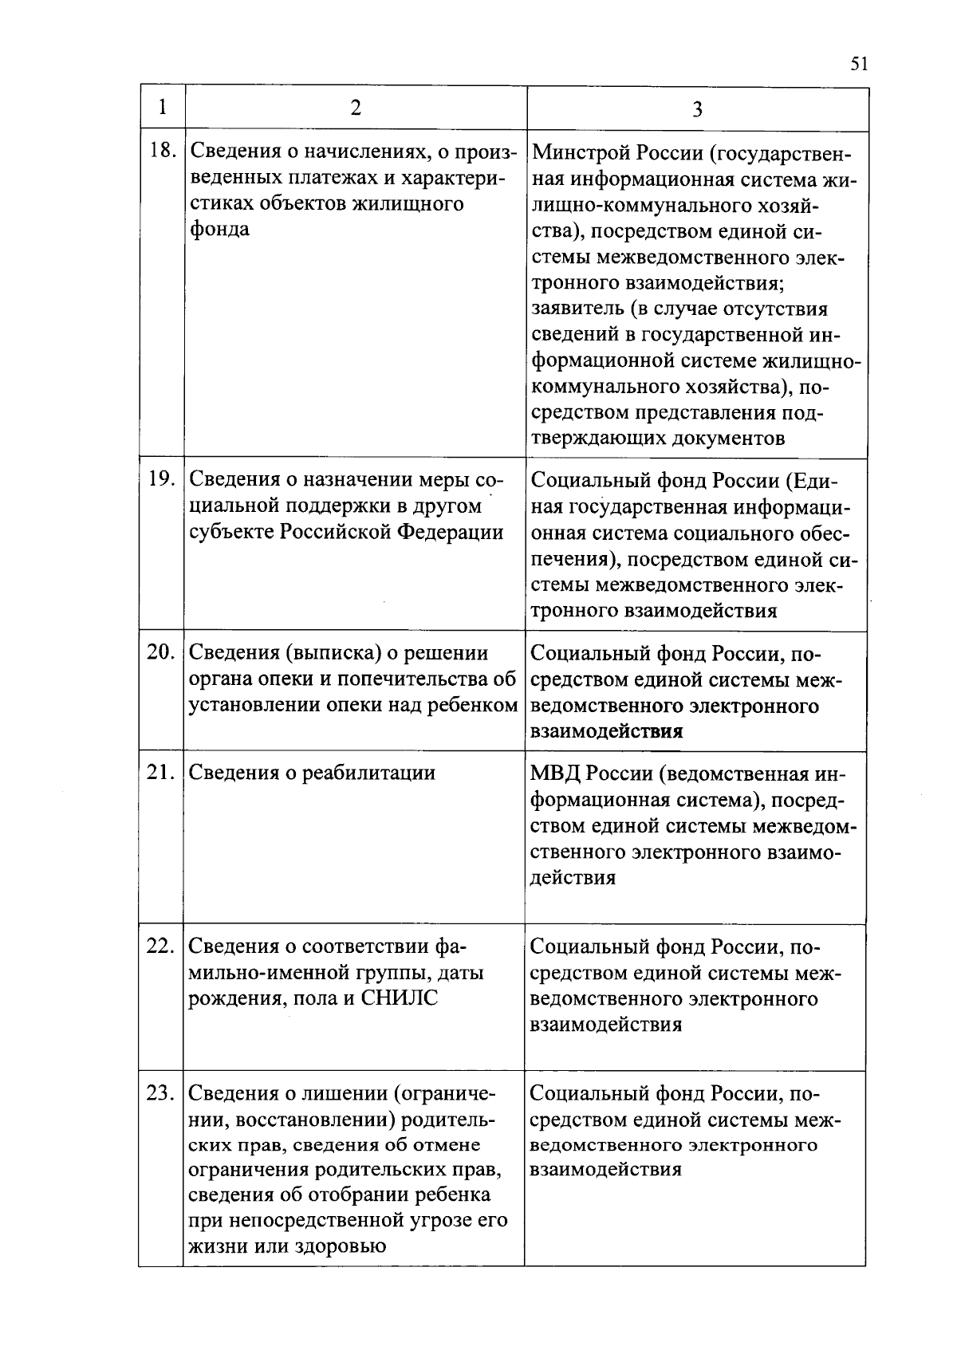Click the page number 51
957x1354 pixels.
pos(858,64)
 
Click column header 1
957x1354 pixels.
pos(163,107)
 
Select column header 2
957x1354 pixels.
pos(355,108)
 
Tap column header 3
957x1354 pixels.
pos(697,109)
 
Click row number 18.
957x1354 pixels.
pos(162,150)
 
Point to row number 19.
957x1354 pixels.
pos(162,478)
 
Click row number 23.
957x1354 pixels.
pos(161,1092)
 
